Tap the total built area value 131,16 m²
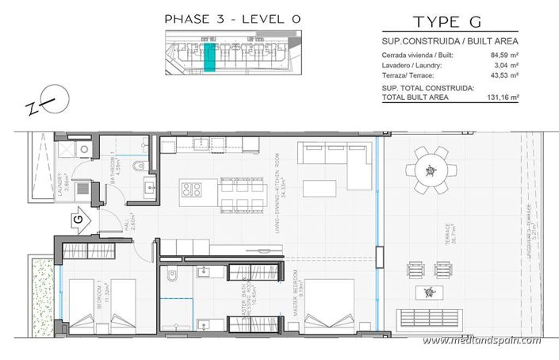pyautogui.click(x=503, y=97)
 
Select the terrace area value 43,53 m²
pyautogui.click(x=505, y=75)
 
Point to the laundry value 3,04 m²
pyautogui.click(x=507, y=66)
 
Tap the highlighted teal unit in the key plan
pyautogui.click(x=210, y=58)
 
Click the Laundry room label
pyautogui.click(x=65, y=185)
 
